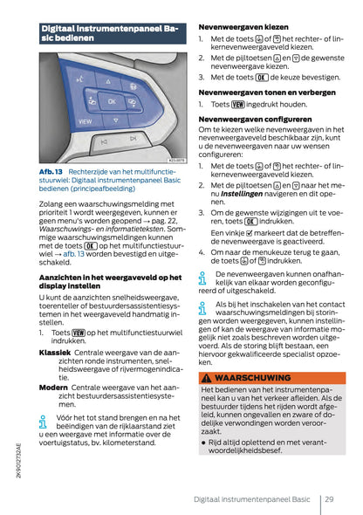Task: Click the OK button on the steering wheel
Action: pyautogui.click(x=111, y=101)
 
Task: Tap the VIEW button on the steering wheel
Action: pyautogui.click(x=86, y=123)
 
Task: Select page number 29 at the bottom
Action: pyautogui.click(x=329, y=499)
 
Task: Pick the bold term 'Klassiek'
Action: pyautogui.click(x=54, y=352)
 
